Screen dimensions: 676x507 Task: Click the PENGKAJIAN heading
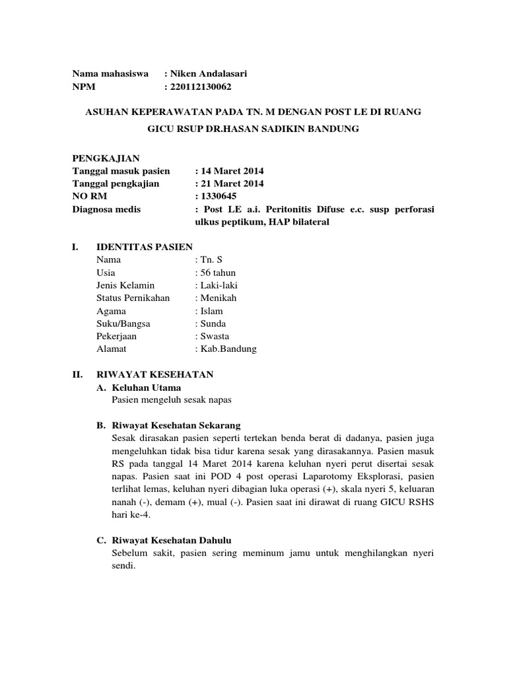[105, 158]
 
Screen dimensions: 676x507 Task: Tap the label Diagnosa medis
[106, 209]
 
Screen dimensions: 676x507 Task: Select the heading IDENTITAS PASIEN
[145, 247]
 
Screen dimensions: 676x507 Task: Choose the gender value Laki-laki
[219, 285]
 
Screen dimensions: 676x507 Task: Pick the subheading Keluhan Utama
[146, 388]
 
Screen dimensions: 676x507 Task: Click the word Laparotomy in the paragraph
[356, 476]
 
